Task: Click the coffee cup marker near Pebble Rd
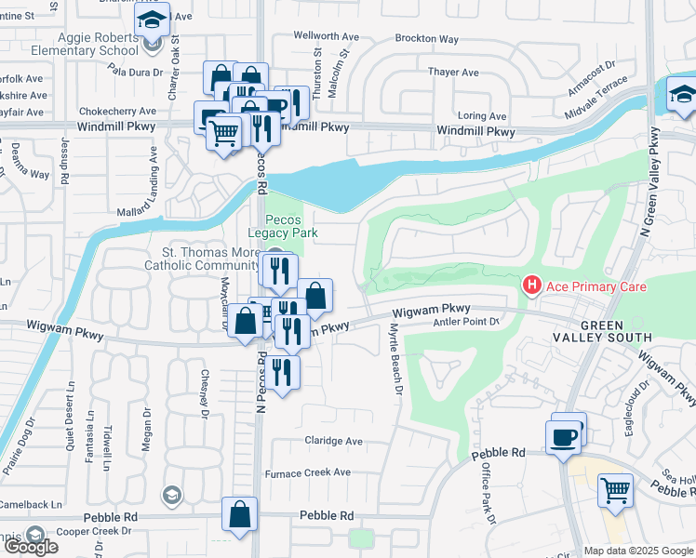(563, 437)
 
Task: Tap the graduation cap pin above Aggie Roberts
(152, 19)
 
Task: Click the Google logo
(30, 547)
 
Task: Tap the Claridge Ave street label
(334, 441)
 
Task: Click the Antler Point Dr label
(467, 322)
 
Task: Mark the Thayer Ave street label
(452, 73)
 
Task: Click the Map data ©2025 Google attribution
(637, 551)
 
